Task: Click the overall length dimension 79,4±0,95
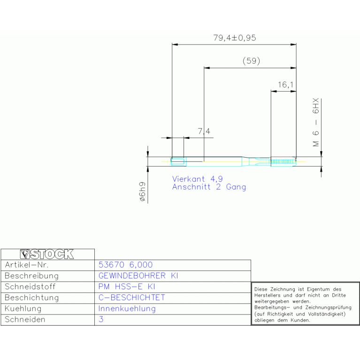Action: [235, 38]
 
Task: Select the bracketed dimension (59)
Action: [252, 61]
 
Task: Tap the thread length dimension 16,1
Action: [286, 85]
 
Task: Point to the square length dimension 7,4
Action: [204, 131]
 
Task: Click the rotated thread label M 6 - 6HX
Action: [316, 123]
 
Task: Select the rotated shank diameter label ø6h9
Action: [142, 191]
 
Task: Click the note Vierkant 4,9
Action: [198, 179]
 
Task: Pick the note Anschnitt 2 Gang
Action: [209, 187]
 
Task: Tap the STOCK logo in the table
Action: [47, 254]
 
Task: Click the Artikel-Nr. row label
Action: [27, 265]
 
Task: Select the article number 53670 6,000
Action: [125, 265]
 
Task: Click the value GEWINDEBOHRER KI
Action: [138, 276]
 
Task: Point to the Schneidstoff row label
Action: [30, 286]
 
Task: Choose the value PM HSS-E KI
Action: [127, 286]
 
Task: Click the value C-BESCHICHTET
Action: [132, 298]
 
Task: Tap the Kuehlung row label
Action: [23, 308]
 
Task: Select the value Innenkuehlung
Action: [127, 308]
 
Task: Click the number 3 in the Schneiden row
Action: [101, 319]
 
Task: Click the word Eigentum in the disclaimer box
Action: [318, 289]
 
